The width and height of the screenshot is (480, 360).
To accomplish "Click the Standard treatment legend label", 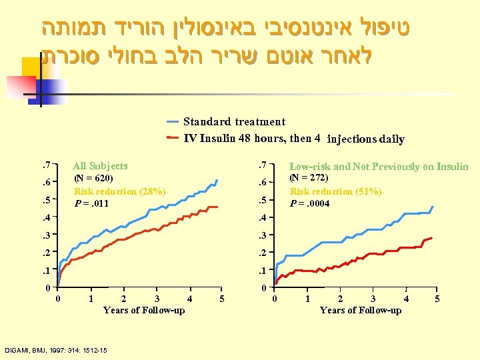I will tap(234, 122).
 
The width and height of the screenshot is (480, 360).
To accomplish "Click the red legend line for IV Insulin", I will tap(172, 139).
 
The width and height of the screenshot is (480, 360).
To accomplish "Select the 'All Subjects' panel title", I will tap(100, 165).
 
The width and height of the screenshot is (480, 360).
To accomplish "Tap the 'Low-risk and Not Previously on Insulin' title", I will tap(379, 167).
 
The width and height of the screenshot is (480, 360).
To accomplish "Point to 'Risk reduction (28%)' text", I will tap(119, 191).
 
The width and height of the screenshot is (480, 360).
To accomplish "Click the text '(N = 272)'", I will tap(309, 178).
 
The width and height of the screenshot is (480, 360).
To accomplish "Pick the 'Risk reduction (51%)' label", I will tap(335, 191).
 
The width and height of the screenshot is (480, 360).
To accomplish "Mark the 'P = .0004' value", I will tap(310, 203).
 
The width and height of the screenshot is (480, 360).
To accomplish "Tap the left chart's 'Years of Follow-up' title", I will tap(144, 310).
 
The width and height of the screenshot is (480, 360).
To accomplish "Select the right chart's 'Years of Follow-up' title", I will tap(361, 310).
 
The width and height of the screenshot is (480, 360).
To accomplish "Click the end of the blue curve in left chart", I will tap(217, 180).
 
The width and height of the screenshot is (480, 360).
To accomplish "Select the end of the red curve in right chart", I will tap(433, 237).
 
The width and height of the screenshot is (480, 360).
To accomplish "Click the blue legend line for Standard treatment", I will tap(172, 122).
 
